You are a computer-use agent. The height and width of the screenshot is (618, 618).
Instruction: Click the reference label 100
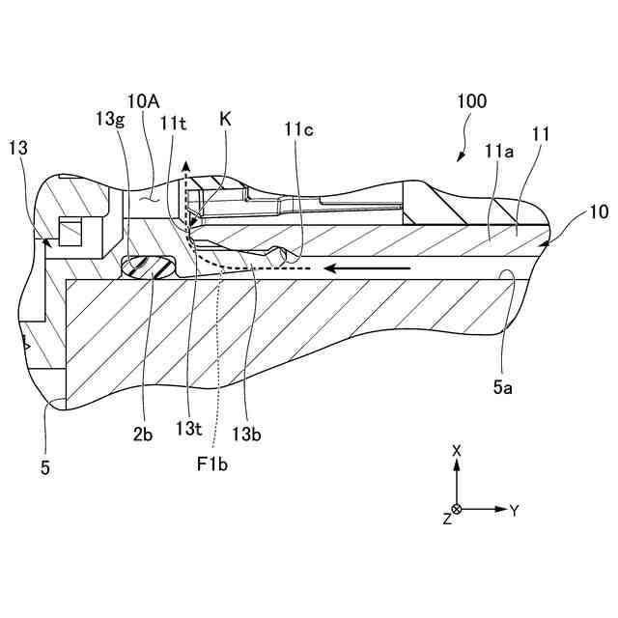click(x=472, y=100)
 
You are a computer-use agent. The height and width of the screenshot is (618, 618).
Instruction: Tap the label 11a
click(x=499, y=152)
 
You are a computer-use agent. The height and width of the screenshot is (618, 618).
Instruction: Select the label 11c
click(x=298, y=128)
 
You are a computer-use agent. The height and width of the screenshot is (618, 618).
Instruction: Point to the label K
click(x=225, y=120)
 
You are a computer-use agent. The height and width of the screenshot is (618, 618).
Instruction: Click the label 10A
click(x=143, y=99)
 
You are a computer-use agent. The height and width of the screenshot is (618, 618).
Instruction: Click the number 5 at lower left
click(x=45, y=469)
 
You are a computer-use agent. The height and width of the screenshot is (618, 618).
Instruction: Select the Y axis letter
click(x=514, y=510)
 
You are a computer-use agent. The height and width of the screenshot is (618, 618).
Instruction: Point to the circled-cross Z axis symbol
click(x=458, y=509)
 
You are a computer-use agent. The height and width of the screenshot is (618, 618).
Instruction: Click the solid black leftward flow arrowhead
click(x=330, y=267)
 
